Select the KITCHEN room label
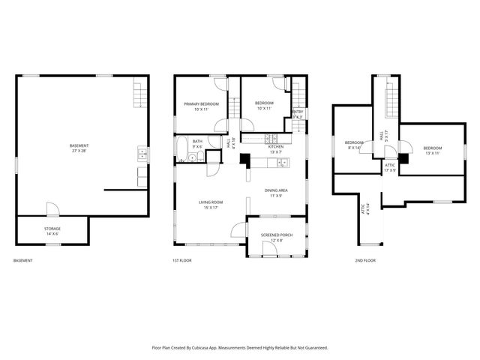pyautogui.click(x=275, y=147)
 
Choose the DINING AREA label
pyautogui.click(x=276, y=190)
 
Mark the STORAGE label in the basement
pyautogui.click(x=52, y=228)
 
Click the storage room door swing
pyautogui.click(x=51, y=208)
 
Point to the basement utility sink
pyautogui.click(x=142, y=154)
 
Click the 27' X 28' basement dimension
pyautogui.click(x=78, y=151)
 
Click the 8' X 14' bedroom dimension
pyautogui.click(x=353, y=148)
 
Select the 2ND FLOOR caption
pyautogui.click(x=365, y=260)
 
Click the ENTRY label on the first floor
pyautogui.click(x=297, y=112)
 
